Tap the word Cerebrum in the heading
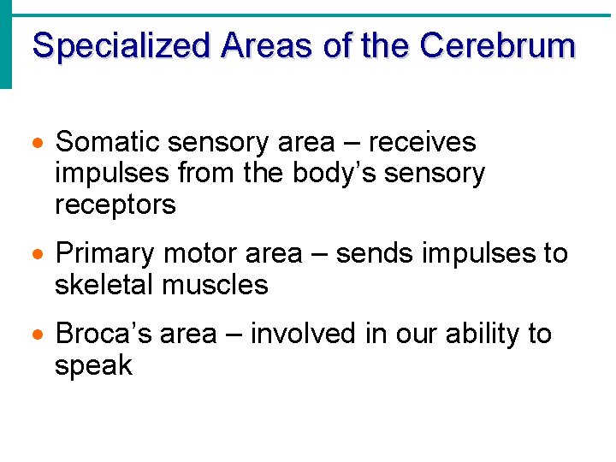(x=497, y=45)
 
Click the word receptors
(x=115, y=205)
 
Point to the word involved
(x=305, y=335)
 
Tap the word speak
(x=93, y=366)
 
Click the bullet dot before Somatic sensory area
(x=38, y=143)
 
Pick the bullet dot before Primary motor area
(x=38, y=255)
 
